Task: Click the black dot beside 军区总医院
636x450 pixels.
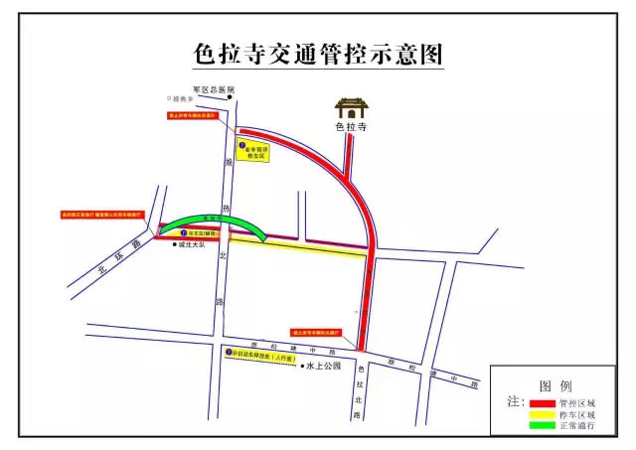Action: click(x=230, y=95)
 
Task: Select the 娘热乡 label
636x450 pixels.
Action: click(x=186, y=98)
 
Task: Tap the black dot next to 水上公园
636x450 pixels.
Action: click(x=302, y=365)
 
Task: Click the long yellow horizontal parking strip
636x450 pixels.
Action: click(x=299, y=249)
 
